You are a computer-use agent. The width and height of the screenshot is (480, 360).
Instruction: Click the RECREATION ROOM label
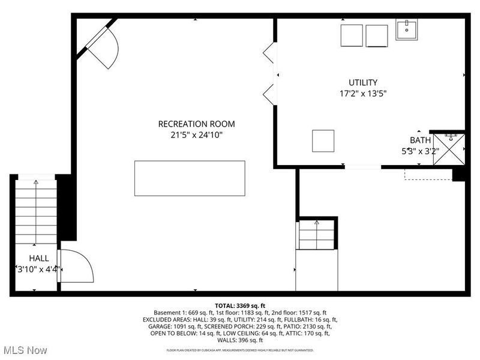pos(196,124)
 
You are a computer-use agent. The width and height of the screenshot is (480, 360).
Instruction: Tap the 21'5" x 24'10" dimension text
pos(196,136)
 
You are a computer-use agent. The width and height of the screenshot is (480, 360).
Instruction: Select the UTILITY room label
pos(363,82)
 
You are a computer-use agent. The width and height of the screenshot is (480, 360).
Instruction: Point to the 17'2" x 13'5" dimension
pos(363,94)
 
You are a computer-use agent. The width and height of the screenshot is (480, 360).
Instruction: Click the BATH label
pos(420,140)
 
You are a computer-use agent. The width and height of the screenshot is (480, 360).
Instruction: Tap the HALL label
pos(39,258)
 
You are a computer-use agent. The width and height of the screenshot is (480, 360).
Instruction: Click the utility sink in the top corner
pos(407,29)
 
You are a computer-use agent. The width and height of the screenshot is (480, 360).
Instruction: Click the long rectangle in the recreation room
pos(190,178)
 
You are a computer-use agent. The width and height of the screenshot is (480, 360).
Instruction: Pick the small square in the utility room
pos(323,141)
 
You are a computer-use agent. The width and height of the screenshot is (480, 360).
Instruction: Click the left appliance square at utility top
pos(352,35)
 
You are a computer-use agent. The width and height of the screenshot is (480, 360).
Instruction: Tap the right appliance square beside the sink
pos(377,35)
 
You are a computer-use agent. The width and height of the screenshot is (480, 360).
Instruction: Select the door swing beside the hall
pos(76,266)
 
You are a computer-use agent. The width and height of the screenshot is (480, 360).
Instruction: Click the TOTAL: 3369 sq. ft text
pos(239,306)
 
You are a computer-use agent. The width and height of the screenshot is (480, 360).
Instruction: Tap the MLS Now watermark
pos(25,350)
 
